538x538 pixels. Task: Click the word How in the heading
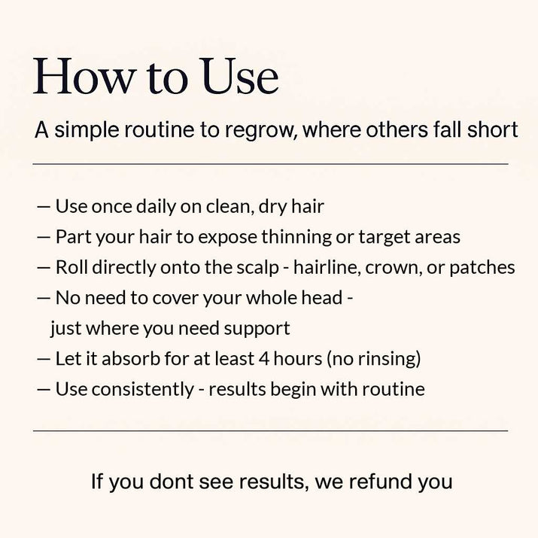tap(83, 76)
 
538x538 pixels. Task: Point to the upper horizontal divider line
tap(270, 164)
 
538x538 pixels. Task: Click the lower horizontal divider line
tap(270, 430)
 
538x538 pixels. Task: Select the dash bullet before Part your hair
tap(43, 237)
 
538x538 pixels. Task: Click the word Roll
tap(71, 267)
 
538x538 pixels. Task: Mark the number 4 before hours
tap(264, 359)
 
